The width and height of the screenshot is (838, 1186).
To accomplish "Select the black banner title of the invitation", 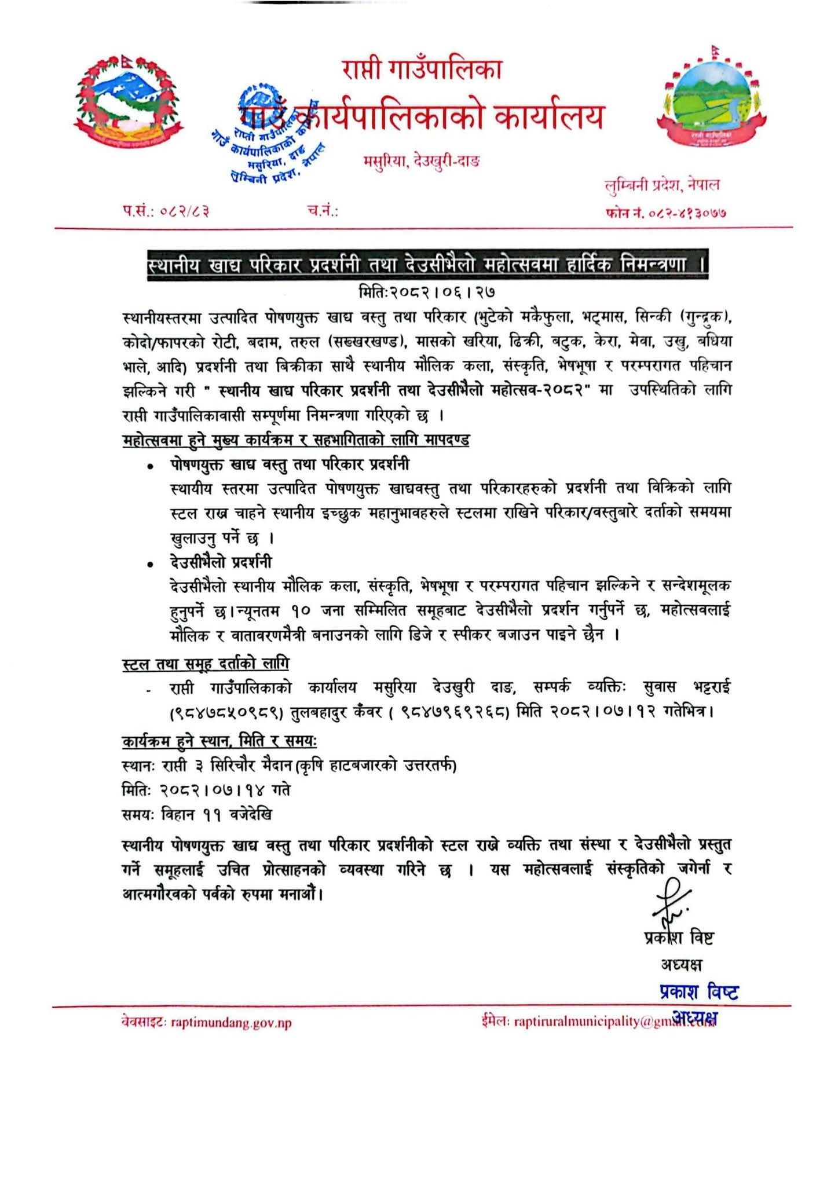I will [x=427, y=265].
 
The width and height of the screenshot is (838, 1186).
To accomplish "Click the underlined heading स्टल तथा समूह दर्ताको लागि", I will [x=206, y=664].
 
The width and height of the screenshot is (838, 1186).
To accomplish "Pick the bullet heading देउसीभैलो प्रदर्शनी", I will [x=221, y=562].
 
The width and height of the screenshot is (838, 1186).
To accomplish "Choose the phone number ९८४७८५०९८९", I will [x=226, y=712].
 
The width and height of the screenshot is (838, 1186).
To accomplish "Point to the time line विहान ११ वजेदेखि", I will [x=197, y=814].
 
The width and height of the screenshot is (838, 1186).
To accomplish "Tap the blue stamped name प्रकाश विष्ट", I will [x=699, y=991].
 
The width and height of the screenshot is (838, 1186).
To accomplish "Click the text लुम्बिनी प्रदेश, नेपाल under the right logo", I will [x=662, y=185].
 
